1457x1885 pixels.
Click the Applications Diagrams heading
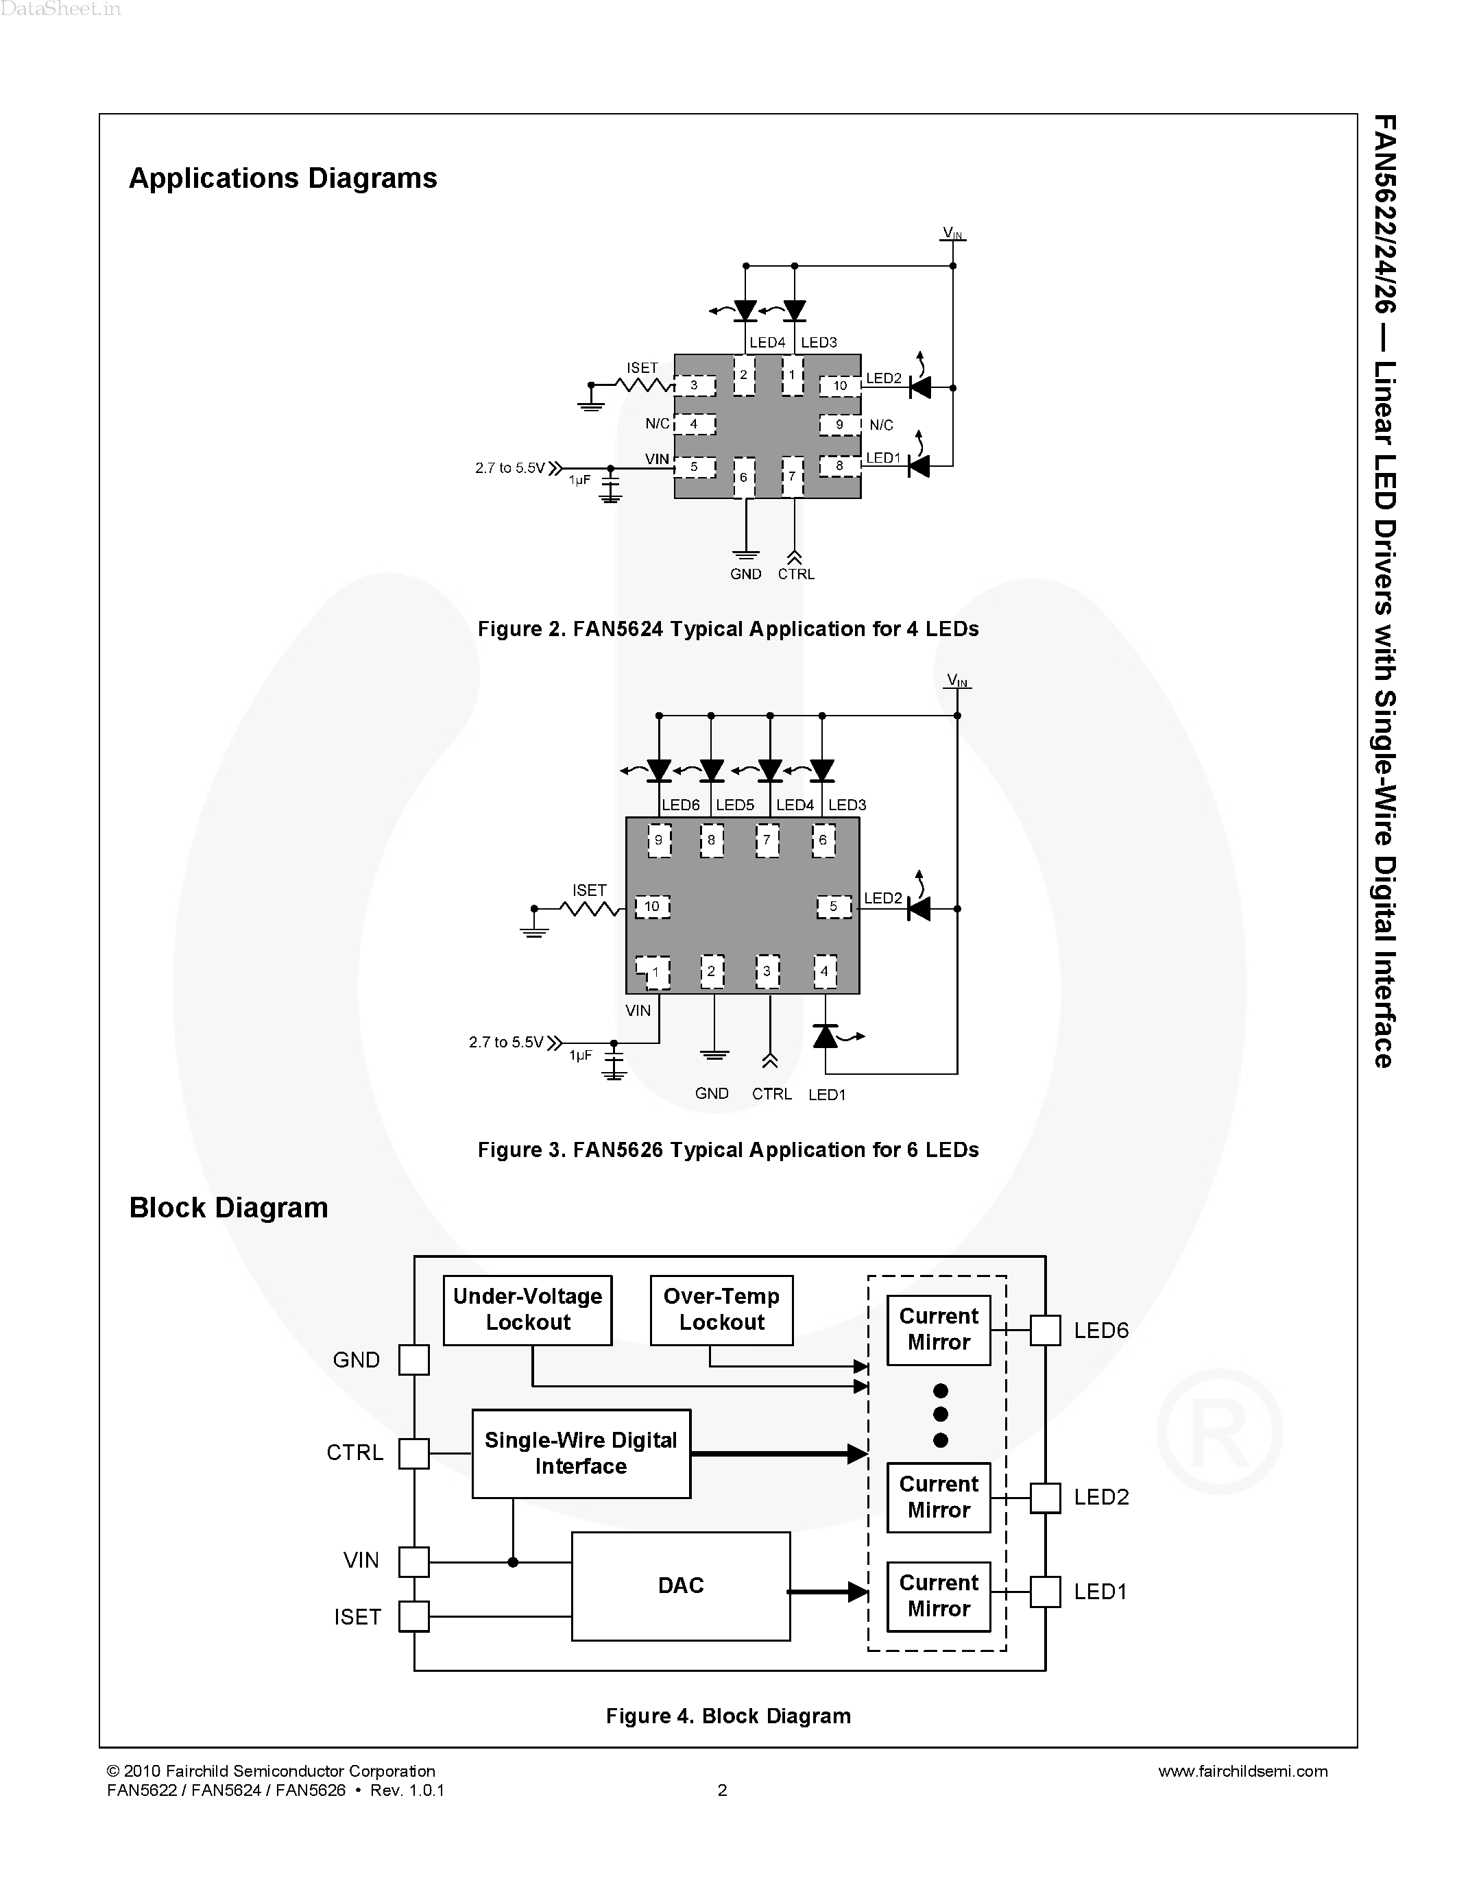(282, 178)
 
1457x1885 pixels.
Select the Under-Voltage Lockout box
(527, 1309)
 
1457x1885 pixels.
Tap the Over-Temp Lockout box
(721, 1309)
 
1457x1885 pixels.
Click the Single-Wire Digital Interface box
(581, 1453)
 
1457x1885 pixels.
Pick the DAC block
(680, 1585)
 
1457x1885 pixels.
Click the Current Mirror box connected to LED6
(938, 1329)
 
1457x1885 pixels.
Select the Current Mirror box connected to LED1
(938, 1596)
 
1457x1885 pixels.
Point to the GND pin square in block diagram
(413, 1360)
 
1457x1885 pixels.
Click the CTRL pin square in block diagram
(413, 1453)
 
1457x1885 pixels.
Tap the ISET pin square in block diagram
(413, 1616)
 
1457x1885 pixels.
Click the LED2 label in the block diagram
(1100, 1498)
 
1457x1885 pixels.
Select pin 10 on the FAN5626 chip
(653, 906)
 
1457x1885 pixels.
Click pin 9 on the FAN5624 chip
(839, 425)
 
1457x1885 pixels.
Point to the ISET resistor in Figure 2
(645, 385)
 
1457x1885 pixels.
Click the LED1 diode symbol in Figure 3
(826, 1036)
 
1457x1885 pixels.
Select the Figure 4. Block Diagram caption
(727, 1716)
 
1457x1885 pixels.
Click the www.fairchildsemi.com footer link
(1242, 1771)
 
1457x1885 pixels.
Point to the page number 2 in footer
(723, 1790)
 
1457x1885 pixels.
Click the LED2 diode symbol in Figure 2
(920, 387)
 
